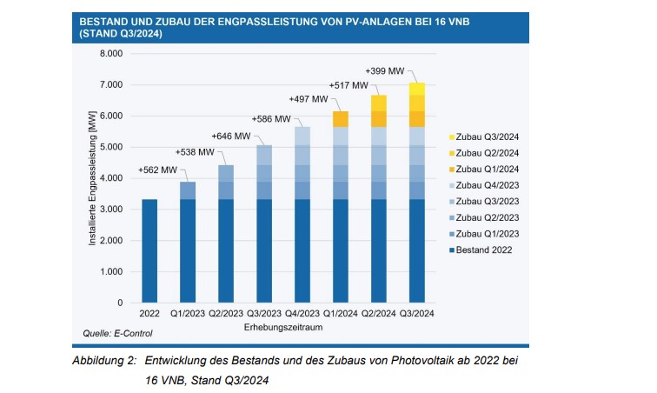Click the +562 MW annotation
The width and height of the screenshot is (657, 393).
point(157,170)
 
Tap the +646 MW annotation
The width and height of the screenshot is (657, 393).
point(231,136)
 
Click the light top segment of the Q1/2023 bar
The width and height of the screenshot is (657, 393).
point(188,190)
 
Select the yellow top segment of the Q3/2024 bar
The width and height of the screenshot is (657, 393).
point(417,89)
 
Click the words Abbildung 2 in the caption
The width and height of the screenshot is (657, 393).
point(102,359)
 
